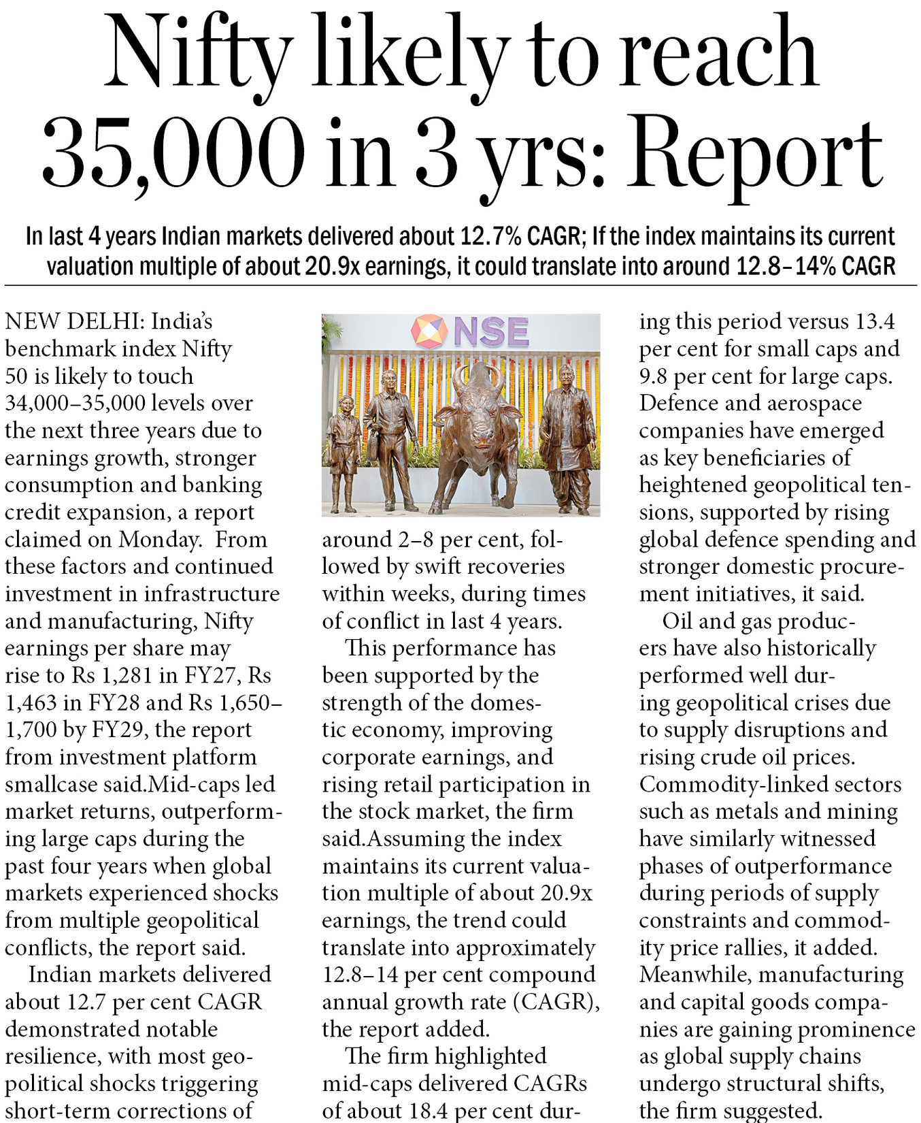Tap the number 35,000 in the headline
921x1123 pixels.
pos(173,153)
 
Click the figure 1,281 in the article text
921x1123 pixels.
pos(130,675)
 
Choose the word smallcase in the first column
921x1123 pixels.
pos(52,784)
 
